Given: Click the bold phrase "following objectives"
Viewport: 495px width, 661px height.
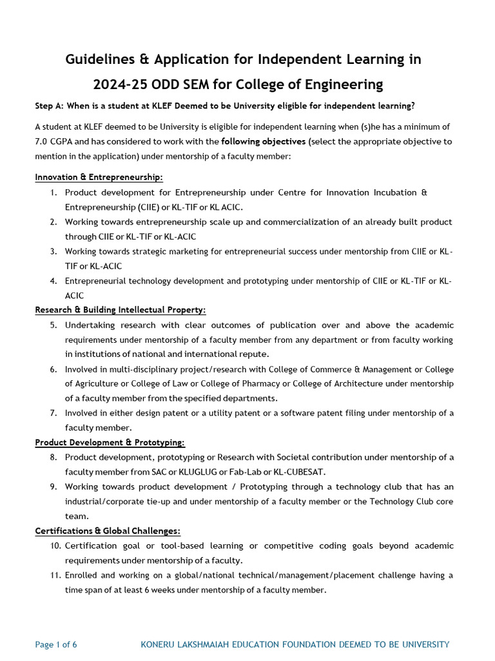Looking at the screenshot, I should coord(263,141).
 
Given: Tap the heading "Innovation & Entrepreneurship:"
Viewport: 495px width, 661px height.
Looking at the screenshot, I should coord(99,177).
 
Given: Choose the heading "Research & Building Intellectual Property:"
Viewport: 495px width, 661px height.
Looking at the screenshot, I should coord(120,310).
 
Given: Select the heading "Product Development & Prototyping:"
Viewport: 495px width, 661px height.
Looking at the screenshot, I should coord(110,442).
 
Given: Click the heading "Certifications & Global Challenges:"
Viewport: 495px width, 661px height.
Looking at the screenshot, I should coord(108,531).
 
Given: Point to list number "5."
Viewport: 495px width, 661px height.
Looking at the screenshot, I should coord(53,325).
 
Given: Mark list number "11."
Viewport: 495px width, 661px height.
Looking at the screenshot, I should coord(55,575).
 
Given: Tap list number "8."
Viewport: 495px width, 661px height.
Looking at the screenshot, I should coord(53,458).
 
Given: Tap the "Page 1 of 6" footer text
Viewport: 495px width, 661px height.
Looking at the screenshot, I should coord(56,645).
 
